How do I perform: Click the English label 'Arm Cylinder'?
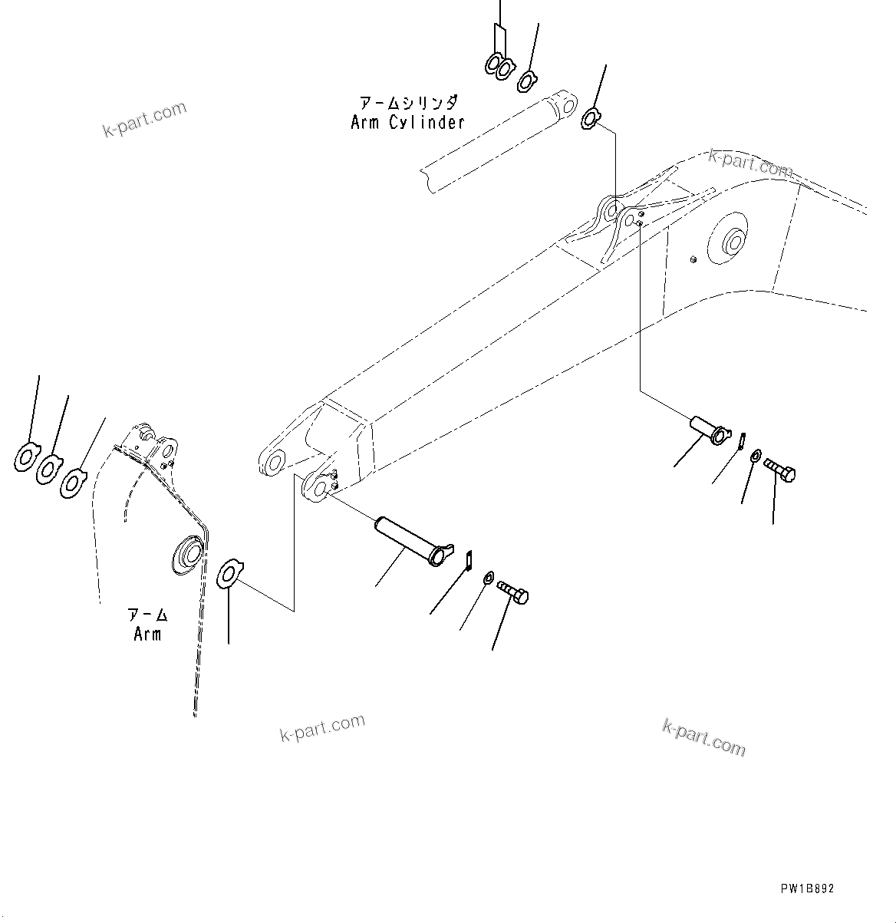407,123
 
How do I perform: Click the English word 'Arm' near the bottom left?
147,635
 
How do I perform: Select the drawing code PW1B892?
807,889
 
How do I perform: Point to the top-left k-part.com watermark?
145,119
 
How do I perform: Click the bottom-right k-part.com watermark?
703,737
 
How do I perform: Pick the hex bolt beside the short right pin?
780,470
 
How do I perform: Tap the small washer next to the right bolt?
756,457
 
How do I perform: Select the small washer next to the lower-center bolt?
489,578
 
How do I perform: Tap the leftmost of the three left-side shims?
27,459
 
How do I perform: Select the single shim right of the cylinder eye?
591,118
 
